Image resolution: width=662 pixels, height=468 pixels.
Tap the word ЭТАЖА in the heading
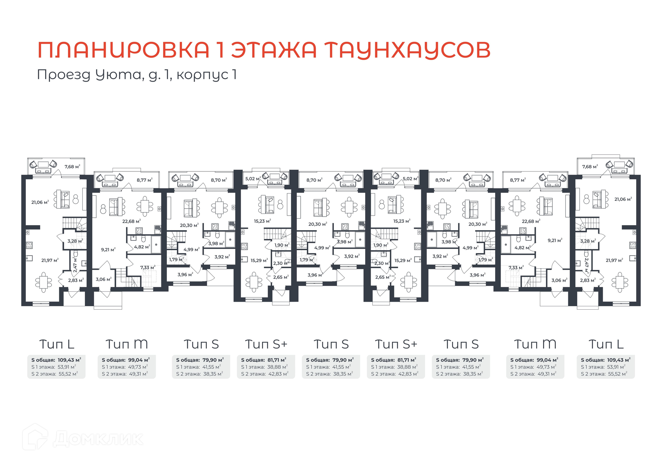tap(274, 50)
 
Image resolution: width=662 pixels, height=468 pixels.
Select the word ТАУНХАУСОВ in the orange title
tap(408, 50)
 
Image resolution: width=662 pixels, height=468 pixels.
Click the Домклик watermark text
tap(98, 439)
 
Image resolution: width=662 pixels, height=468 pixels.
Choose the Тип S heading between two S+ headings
tap(331, 344)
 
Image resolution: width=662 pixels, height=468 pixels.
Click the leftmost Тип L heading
tap(57, 344)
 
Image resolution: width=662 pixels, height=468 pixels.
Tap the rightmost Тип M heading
tap(535, 344)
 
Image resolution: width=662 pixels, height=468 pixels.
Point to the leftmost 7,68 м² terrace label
tap(72, 167)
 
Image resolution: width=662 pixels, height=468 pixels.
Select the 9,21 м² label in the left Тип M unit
tap(108, 250)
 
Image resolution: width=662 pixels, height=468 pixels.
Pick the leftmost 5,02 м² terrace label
tap(253, 179)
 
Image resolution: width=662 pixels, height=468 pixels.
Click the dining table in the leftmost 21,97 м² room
tap(43, 282)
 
